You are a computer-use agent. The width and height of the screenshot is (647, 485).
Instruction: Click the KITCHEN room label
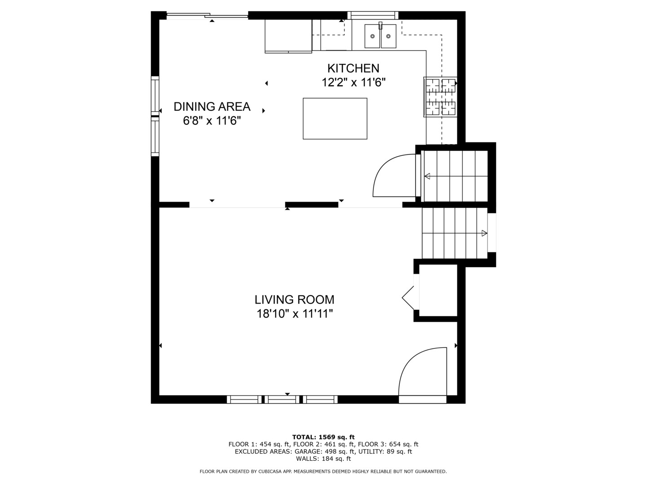point(353,68)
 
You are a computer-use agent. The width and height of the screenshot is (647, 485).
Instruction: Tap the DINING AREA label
point(212,106)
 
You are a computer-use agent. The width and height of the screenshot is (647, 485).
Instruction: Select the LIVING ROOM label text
point(294,300)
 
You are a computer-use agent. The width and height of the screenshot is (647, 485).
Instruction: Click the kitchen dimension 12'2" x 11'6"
point(353,83)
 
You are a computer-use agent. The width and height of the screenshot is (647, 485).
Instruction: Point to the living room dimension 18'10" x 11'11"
point(294,313)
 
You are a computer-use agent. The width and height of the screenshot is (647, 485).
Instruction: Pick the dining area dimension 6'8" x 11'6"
point(212,121)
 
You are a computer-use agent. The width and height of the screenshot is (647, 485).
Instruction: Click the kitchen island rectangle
point(335,119)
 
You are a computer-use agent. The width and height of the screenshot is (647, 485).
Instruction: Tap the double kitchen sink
point(380,36)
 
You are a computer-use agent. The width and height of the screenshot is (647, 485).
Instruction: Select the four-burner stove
point(440,97)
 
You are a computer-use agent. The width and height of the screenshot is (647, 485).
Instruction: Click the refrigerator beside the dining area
point(288,36)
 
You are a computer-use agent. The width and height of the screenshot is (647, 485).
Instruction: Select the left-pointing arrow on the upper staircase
point(427,176)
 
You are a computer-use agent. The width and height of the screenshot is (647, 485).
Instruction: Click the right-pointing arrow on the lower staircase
point(484,233)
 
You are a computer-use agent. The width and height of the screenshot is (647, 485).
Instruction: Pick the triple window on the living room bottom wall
point(282,399)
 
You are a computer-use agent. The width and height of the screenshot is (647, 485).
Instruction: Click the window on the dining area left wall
point(155,116)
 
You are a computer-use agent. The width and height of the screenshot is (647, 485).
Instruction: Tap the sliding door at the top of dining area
point(207,17)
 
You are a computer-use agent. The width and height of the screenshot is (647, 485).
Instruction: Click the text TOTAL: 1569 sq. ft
point(323,437)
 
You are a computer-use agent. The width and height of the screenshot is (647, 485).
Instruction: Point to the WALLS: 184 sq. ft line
point(323,459)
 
